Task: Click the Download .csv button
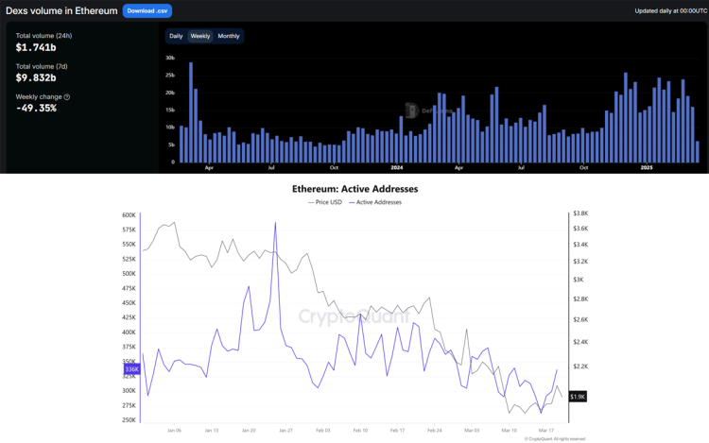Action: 147,10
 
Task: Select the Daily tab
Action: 176,36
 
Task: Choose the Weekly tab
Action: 200,36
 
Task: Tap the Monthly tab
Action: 229,36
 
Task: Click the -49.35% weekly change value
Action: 36,108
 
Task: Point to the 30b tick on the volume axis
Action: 170,58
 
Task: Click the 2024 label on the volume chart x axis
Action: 397,168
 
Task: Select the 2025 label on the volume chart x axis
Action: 647,168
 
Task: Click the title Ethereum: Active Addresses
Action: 354,189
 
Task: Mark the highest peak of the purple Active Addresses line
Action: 275,223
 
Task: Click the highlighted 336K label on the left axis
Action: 130,369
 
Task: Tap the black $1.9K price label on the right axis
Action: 578,397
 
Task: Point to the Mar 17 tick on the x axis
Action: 545,430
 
